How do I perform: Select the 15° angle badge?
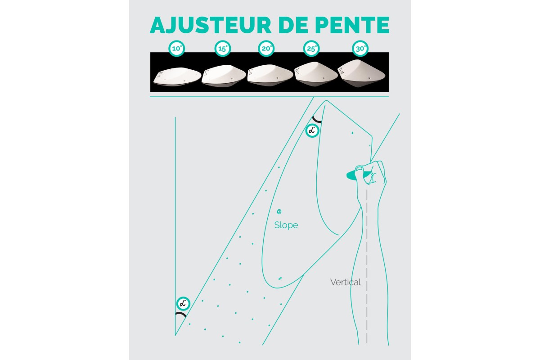(223, 49)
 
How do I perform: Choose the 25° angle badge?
(311, 49)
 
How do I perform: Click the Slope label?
(286, 225)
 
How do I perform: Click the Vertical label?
(345, 283)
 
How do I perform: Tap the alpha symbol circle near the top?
(312, 131)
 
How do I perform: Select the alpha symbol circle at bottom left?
(183, 303)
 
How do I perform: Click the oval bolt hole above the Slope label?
(279, 211)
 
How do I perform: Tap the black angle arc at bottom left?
(181, 315)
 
